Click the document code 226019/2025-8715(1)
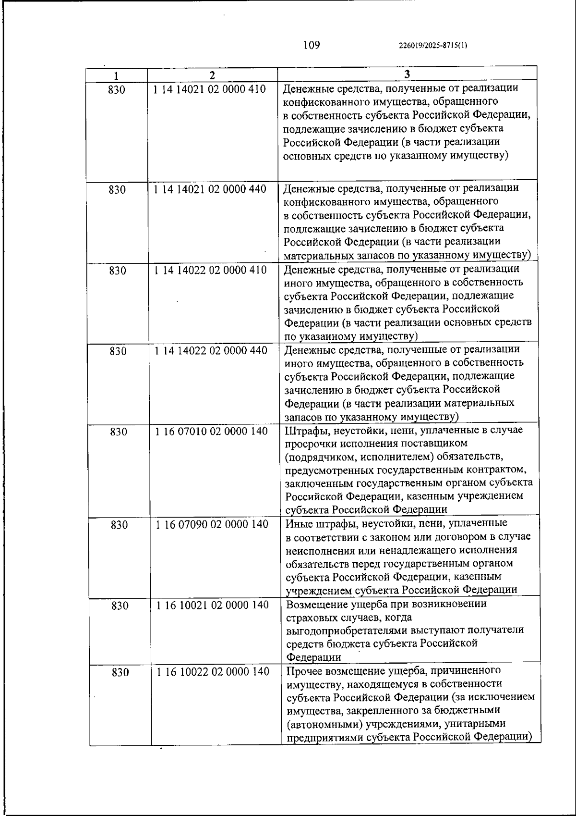pos(433,46)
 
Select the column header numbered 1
pos(116,76)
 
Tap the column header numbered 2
pos(212,76)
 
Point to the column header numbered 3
pos(407,74)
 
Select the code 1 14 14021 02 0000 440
pos(210,189)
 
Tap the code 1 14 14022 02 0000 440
pos(211,351)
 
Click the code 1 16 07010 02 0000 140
pos(211,431)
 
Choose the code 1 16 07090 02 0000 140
pos(212,524)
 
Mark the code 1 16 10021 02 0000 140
pos(212,605)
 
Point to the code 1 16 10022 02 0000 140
pos(213,671)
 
